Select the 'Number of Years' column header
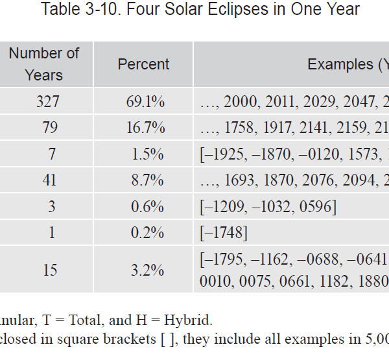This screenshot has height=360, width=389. [x=44, y=64]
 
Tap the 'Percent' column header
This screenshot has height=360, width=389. [x=143, y=64]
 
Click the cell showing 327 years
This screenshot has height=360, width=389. [x=50, y=101]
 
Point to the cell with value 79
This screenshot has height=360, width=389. [x=50, y=128]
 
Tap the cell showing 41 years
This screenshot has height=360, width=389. [x=50, y=180]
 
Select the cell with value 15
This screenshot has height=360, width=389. [x=50, y=269]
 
